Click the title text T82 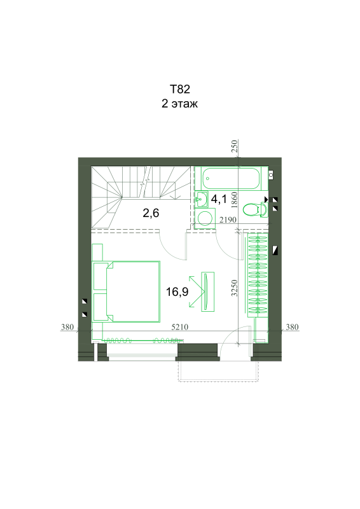click(180, 88)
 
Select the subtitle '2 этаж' click(179, 104)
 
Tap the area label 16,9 click(177, 292)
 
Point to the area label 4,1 click(219, 199)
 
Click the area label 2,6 click(151, 213)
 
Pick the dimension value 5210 click(180, 327)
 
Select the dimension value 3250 click(234, 288)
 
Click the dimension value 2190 click(228, 220)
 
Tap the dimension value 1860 click(234, 200)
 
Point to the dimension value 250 click(234, 146)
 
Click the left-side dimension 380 click(67, 327)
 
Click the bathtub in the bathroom click(231, 178)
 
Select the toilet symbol click(255, 210)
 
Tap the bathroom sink click(202, 199)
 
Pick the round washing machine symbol click(205, 218)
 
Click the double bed click(127, 291)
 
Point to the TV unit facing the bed click(207, 292)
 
